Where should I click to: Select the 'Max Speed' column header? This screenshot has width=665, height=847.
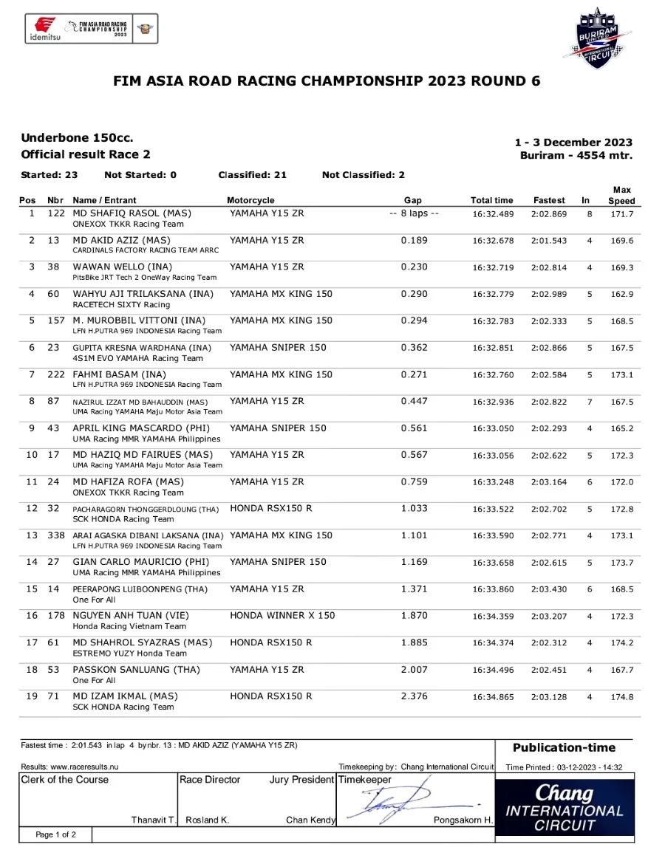pos(621,195)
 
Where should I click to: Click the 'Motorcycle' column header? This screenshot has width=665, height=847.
pos(250,200)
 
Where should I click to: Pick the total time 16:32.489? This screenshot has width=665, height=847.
pos(492,213)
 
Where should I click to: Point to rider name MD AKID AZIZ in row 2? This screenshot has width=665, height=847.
pos(121,240)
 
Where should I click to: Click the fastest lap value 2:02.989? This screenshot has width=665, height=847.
pos(549,294)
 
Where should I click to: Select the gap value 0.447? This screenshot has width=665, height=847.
pos(414,401)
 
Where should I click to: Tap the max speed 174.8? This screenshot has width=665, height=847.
pos(621,696)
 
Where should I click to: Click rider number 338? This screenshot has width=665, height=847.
pos(55,535)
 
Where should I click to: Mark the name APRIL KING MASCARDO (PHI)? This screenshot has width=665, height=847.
pos(141,428)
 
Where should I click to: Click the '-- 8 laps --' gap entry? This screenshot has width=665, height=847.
pos(414,213)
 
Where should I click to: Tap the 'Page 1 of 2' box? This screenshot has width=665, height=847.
pos(56,834)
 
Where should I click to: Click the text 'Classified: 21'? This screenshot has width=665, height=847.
pos(253,175)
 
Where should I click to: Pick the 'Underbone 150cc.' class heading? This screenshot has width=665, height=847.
pos(77,138)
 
